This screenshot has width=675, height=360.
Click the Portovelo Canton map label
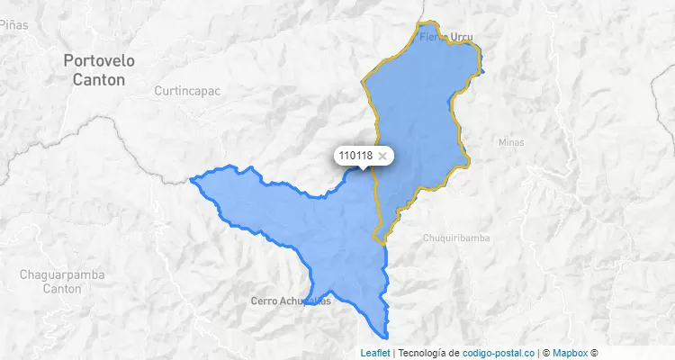click(99, 69)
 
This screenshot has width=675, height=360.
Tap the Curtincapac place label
click(187, 91)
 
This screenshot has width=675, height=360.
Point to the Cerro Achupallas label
click(291, 301)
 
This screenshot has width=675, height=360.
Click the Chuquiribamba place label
click(459, 238)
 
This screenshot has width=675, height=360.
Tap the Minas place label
click(510, 142)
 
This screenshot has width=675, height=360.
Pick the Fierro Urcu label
click(445, 37)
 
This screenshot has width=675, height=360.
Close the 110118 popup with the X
click(382, 156)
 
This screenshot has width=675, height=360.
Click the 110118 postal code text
click(355, 156)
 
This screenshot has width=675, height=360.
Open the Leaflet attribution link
click(375, 353)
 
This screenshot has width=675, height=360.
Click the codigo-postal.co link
click(499, 353)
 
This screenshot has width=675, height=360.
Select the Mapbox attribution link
click(570, 353)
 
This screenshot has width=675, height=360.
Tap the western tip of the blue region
click(193, 179)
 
